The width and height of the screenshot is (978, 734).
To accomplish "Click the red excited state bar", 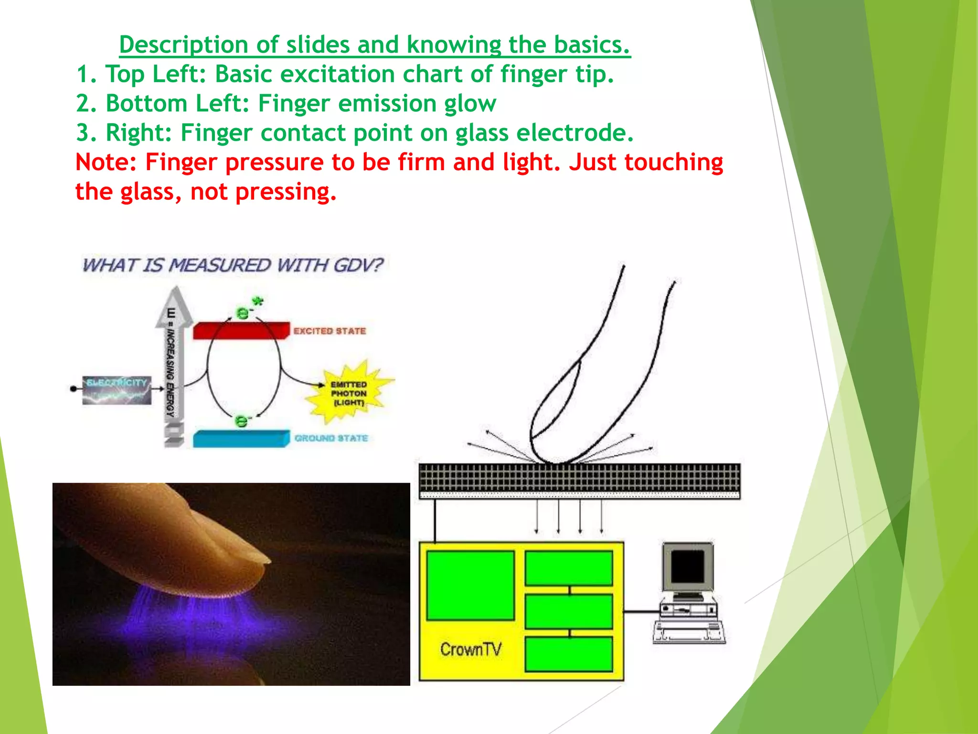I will [x=241, y=330].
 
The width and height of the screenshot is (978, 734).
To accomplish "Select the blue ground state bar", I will [x=241, y=438].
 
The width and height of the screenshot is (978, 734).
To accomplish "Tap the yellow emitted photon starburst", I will [x=349, y=393].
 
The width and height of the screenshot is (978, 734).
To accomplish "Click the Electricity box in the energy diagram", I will [x=117, y=390].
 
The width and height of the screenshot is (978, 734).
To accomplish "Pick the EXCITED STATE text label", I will [x=330, y=331].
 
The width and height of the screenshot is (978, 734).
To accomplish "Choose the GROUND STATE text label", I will [x=331, y=438].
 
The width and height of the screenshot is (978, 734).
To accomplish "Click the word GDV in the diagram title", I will [x=358, y=265].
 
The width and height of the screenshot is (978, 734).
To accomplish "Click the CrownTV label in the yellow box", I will [x=471, y=649].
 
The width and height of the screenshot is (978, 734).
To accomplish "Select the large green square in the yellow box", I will [x=470, y=585].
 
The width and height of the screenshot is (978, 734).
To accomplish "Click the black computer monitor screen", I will [x=688, y=567].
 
